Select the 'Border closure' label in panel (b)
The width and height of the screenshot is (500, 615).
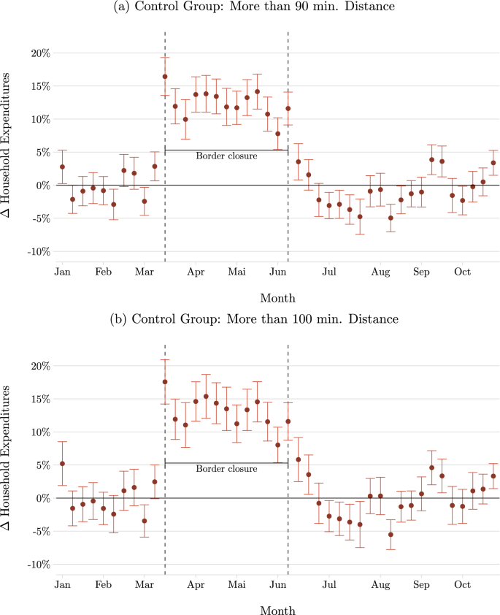[226, 469]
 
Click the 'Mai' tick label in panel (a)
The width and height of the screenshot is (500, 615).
[236, 272]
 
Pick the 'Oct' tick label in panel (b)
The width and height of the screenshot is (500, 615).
[462, 585]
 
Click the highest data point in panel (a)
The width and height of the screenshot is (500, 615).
[165, 77]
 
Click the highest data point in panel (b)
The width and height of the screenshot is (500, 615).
[165, 382]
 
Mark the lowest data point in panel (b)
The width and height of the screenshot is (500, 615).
[391, 535]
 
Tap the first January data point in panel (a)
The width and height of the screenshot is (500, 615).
[62, 167]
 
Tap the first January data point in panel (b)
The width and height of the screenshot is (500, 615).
[62, 464]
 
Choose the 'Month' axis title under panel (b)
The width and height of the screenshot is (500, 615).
[277, 610]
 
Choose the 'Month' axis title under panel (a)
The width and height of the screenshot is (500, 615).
[277, 298]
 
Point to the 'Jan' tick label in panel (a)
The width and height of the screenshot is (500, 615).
[62, 272]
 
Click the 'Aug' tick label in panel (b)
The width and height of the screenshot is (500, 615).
[380, 585]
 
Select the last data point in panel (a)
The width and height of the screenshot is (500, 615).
[493, 163]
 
